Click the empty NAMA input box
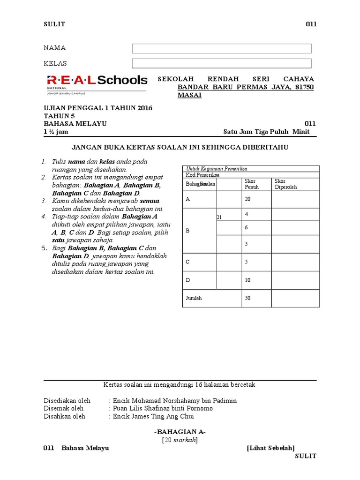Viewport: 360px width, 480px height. coord(222,49)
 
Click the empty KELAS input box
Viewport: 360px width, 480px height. coord(222,63)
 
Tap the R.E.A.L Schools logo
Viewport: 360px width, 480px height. coord(97,81)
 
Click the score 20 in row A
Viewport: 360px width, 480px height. coord(247,199)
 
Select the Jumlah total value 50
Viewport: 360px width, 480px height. coord(247,298)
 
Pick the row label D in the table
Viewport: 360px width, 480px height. coord(188,280)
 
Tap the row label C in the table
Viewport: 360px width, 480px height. coord(188,262)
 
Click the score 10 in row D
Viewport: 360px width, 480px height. coord(247,280)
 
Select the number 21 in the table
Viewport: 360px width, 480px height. coord(219,217)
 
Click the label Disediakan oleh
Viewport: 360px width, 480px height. coord(67,401)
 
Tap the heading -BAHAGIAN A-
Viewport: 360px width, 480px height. coord(180,432)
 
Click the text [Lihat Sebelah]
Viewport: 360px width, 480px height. coord(270,448)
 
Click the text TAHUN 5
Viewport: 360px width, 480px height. coord(59,116)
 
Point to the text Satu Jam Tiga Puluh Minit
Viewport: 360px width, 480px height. coord(270,132)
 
